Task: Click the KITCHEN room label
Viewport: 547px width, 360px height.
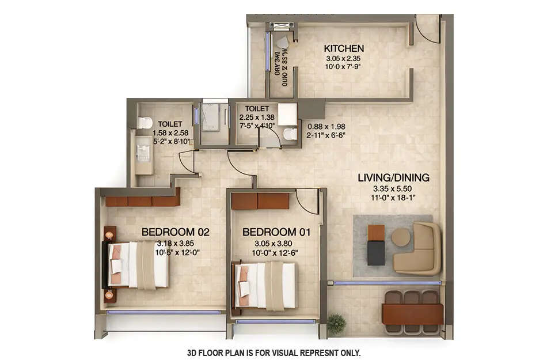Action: [x=343, y=48]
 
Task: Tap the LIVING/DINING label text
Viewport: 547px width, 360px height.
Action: [x=393, y=177]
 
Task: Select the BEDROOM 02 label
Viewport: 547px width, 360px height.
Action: [x=175, y=232]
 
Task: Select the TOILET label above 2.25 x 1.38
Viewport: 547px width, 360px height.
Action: [x=256, y=108]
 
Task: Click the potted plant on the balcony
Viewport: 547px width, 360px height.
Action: [x=336, y=324]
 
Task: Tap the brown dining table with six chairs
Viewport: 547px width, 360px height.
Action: [x=412, y=314]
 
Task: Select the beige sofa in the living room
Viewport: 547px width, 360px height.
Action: [x=419, y=249]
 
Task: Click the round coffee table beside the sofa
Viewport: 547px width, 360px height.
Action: [x=401, y=237]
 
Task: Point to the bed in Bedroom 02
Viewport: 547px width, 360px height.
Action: [x=138, y=264]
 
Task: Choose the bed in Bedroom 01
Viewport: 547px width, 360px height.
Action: [x=266, y=285]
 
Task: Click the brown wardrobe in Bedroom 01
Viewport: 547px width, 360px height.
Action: [x=260, y=201]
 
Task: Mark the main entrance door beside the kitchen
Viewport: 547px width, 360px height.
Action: [x=427, y=29]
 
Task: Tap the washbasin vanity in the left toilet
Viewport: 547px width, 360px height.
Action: [x=143, y=153]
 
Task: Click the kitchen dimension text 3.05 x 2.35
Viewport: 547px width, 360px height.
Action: [x=343, y=58]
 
